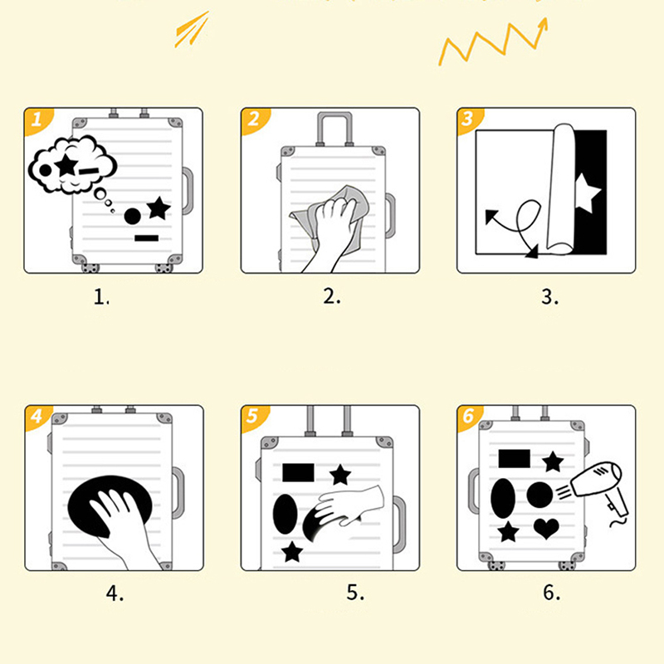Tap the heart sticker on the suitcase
click(546, 528)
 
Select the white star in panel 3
click(588, 193)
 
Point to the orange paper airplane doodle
click(193, 29)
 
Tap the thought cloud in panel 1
click(72, 165)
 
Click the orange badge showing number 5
click(255, 417)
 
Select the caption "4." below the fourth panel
click(115, 593)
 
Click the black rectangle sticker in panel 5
click(299, 472)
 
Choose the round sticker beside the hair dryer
click(539, 495)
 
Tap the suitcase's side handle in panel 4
click(178, 492)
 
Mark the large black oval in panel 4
click(110, 506)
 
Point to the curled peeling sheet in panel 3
click(561, 189)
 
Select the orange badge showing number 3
click(470, 120)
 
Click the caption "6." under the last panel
click(552, 593)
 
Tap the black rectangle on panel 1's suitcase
click(147, 238)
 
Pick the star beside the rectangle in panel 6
click(553, 461)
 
